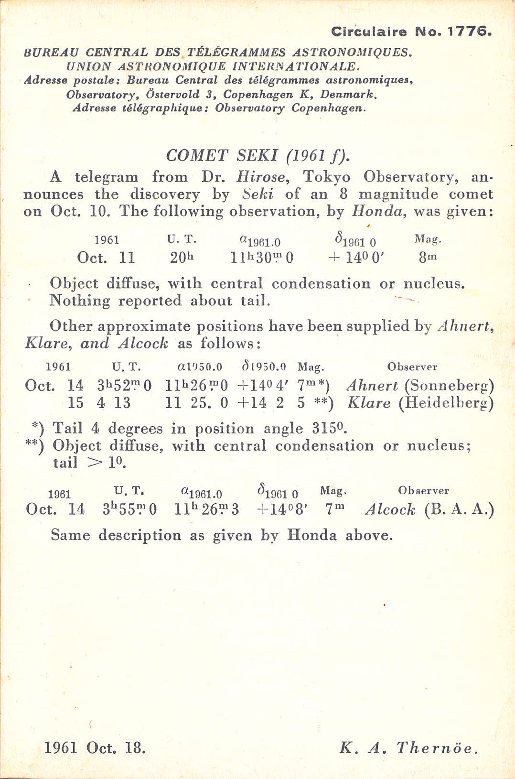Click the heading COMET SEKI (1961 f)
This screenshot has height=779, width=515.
pos(258,155)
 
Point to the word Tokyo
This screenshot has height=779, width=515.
pos(326,177)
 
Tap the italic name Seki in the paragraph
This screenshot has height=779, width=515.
pos(257,195)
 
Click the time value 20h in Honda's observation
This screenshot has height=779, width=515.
pos(182,258)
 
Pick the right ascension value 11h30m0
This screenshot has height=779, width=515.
pos(262,258)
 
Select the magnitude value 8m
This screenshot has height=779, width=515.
pos(428,258)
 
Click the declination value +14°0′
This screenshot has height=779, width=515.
pos(356,258)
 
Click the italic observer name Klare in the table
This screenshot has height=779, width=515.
pos(368,403)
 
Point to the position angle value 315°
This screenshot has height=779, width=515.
pos(329,428)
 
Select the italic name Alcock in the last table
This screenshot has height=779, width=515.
pos(390,509)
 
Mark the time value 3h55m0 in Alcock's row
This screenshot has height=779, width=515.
pos(129,509)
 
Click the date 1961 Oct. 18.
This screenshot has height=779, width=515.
pos(95,747)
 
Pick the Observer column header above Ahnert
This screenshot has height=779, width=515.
pos(412,367)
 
